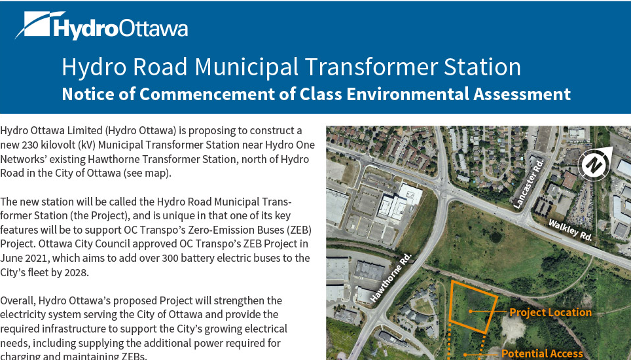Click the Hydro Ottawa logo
101,27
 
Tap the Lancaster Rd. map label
529,183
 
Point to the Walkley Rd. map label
571,230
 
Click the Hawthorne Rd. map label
391,277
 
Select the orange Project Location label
550,312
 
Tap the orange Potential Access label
542,353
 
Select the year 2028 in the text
76,272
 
